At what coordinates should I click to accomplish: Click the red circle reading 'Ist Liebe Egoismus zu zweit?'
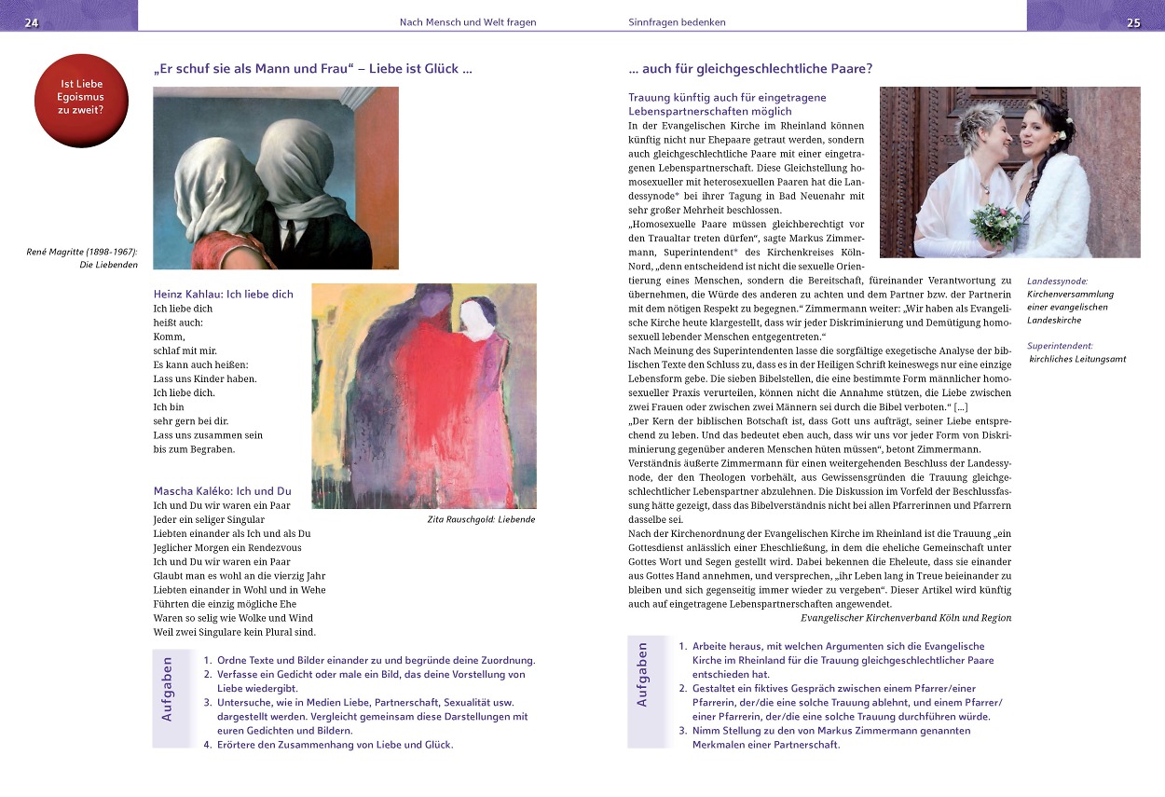[x=81, y=101]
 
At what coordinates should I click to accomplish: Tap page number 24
[x=32, y=22]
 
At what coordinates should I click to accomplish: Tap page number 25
[x=1133, y=22]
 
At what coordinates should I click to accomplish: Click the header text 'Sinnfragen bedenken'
[x=677, y=21]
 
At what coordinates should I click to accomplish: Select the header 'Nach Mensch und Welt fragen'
[x=468, y=21]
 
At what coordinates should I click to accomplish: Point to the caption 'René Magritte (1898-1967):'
[x=82, y=252]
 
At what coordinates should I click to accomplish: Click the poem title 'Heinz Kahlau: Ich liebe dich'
[x=223, y=294]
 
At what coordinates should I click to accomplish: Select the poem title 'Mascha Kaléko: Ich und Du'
[x=222, y=490]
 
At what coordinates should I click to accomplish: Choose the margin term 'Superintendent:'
[x=1060, y=346]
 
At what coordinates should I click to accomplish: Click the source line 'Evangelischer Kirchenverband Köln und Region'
[x=905, y=617]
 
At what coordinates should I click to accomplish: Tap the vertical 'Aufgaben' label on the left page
[x=167, y=690]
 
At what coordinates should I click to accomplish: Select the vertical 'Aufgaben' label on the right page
[x=641, y=673]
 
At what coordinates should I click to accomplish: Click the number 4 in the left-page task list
[x=208, y=744]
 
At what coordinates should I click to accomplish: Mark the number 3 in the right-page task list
[x=682, y=731]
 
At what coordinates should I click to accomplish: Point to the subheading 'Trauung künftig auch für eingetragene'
[x=727, y=97]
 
